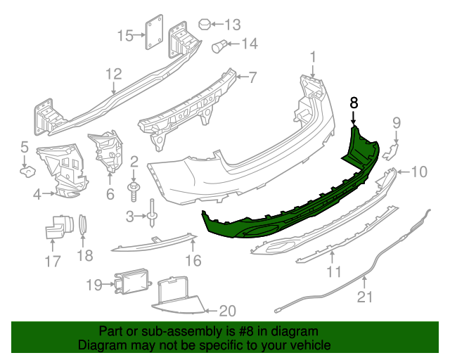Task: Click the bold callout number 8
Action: point(354,103)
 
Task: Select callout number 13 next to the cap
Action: point(232,23)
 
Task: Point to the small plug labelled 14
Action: point(220,47)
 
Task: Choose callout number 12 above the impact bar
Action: point(114,73)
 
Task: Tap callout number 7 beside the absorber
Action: point(252,77)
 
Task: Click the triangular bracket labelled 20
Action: point(176,295)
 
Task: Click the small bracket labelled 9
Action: point(394,149)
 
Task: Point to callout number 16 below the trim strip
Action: point(193,262)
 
